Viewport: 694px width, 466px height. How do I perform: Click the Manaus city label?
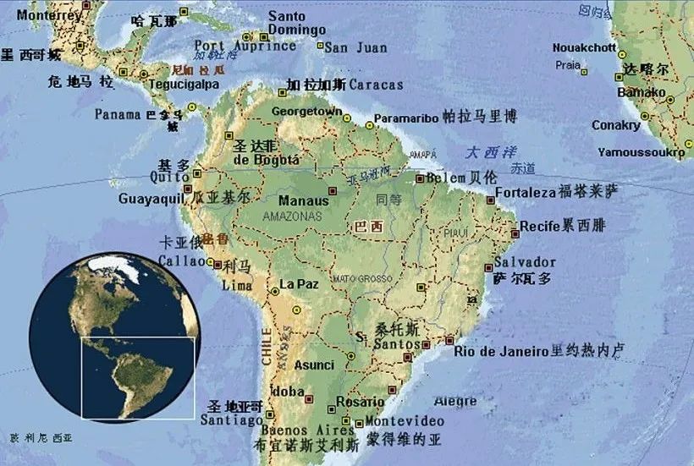pos(303,201)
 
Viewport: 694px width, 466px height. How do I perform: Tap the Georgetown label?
pos(306,112)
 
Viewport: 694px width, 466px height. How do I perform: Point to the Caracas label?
pos(376,85)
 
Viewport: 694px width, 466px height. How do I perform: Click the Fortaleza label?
pos(525,192)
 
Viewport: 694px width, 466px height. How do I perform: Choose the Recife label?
pos(540,227)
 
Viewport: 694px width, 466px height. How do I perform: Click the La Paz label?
pos(299,284)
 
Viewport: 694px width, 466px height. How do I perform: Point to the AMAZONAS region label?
pos(293,217)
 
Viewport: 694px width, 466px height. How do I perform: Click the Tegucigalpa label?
pos(184,85)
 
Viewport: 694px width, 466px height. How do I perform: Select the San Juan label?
pos(355,48)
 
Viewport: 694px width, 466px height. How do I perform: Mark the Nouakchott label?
pos(584,48)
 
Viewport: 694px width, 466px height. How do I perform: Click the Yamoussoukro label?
pos(641,152)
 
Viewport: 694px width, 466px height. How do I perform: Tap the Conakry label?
pos(616,125)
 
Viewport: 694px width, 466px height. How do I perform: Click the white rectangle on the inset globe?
pos(138,377)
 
